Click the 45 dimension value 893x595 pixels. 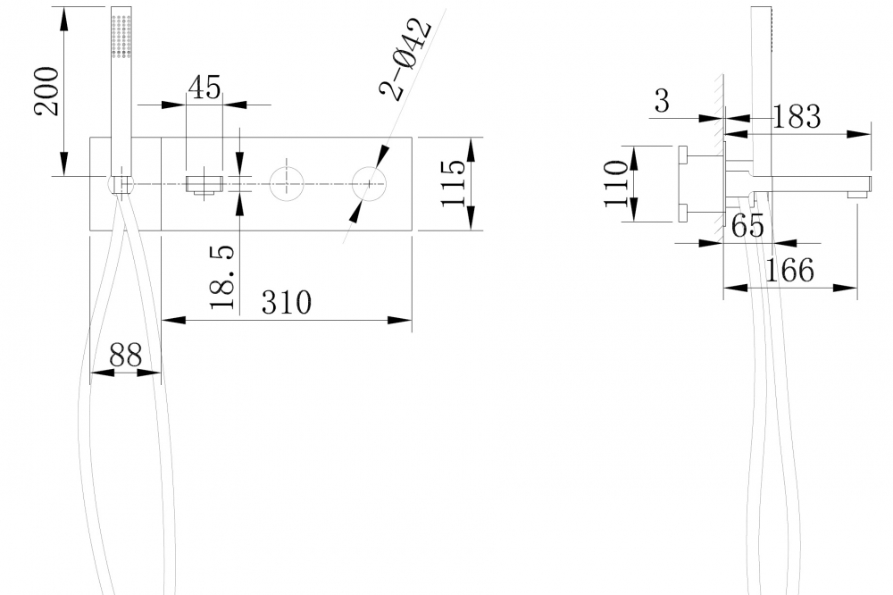204,87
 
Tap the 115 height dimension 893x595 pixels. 453,184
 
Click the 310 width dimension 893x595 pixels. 286,302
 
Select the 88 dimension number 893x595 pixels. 126,355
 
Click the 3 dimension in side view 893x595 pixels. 662,101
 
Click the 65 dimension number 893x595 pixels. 748,227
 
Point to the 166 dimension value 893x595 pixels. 789,269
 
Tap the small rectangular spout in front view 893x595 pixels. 204,185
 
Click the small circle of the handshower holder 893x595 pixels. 121,185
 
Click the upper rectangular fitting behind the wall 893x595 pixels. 683,155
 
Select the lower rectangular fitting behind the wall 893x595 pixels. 683,212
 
